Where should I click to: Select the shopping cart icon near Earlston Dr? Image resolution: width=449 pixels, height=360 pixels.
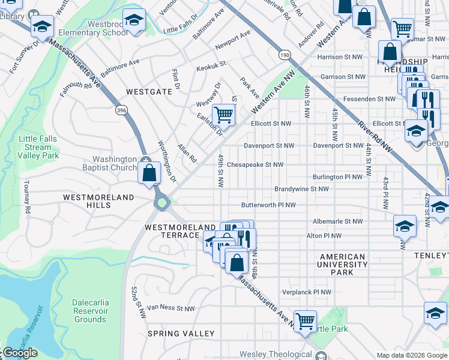pyautogui.click(x=223, y=113)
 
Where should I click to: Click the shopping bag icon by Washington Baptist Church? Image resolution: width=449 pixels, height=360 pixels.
pyautogui.click(x=149, y=173)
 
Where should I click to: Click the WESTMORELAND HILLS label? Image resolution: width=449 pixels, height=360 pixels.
pyautogui.click(x=87, y=201)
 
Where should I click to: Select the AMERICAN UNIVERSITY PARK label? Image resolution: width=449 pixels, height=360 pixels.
pyautogui.click(x=342, y=265)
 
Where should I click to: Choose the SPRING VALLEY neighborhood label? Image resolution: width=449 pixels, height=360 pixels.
pyautogui.click(x=181, y=334)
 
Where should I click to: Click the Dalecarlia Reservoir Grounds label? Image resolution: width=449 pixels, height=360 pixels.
pyautogui.click(x=90, y=311)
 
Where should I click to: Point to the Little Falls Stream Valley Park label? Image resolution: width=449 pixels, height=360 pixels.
pyautogui.click(x=38, y=147)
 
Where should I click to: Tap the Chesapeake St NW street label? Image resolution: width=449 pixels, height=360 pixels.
pyautogui.click(x=255, y=164)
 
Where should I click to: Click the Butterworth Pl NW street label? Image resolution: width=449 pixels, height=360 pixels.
pyautogui.click(x=268, y=205)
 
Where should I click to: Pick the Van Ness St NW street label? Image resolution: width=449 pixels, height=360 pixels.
pyautogui.click(x=171, y=308)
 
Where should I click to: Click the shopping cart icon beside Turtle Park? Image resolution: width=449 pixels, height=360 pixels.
pyautogui.click(x=305, y=320)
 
